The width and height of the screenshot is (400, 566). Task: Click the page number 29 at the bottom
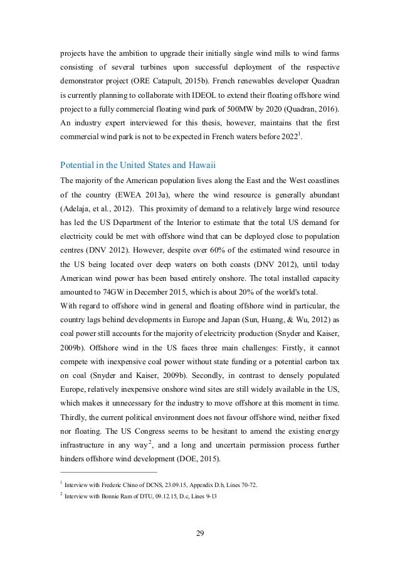pyautogui.click(x=200, y=534)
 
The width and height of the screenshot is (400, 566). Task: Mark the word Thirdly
pyautogui.click(x=74, y=416)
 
